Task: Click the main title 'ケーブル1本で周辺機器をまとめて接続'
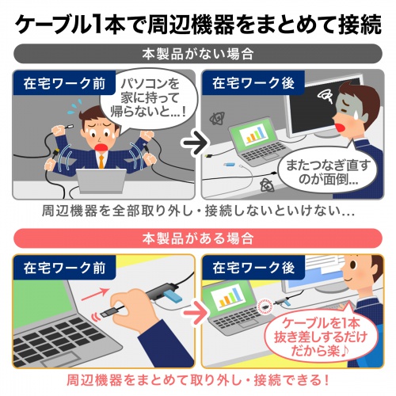coord(198,25)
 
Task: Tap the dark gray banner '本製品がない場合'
coord(198,56)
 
